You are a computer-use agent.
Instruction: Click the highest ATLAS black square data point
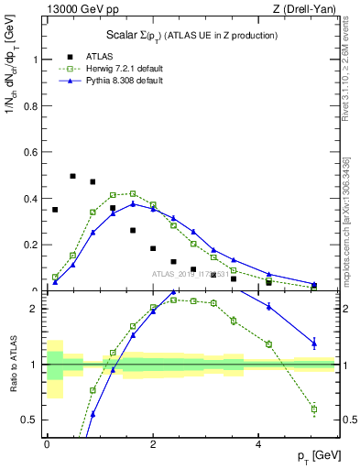(x=72, y=176)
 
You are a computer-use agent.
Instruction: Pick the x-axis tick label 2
(x=153, y=443)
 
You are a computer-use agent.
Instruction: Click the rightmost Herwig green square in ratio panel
(x=314, y=409)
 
